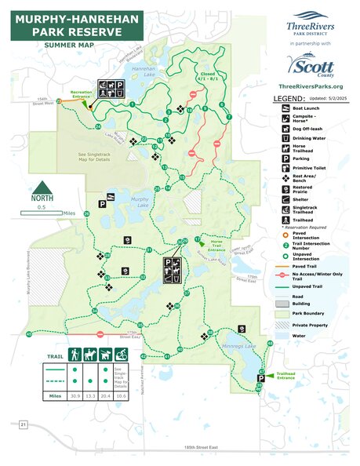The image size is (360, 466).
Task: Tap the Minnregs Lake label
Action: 237,345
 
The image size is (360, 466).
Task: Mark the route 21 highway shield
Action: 24,424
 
